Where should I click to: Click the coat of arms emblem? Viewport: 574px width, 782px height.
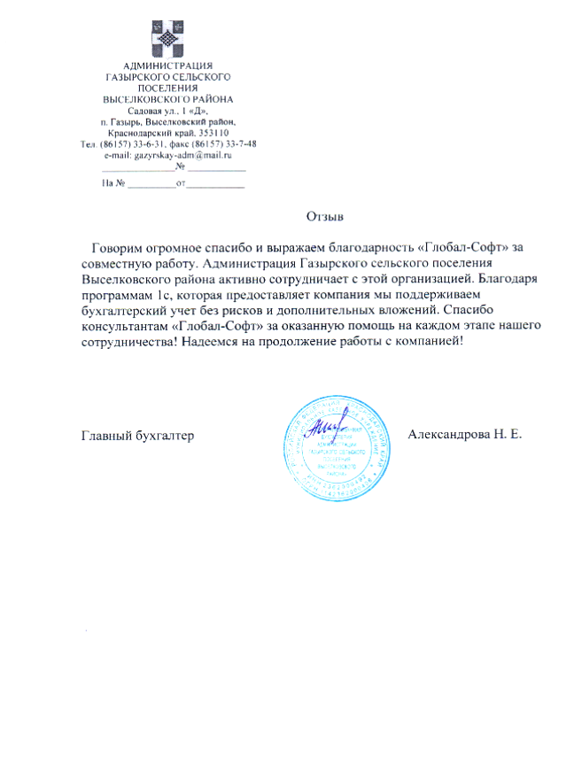tap(167, 39)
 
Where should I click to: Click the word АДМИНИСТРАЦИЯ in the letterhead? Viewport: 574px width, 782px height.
tap(167, 66)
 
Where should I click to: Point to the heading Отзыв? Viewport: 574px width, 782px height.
tap(324, 216)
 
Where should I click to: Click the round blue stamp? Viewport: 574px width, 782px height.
tap(336, 440)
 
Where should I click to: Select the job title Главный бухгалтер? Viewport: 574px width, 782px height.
tap(137, 436)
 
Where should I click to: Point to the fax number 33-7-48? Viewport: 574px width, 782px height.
tap(238, 143)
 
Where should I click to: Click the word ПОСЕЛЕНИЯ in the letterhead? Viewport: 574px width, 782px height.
tap(167, 89)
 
